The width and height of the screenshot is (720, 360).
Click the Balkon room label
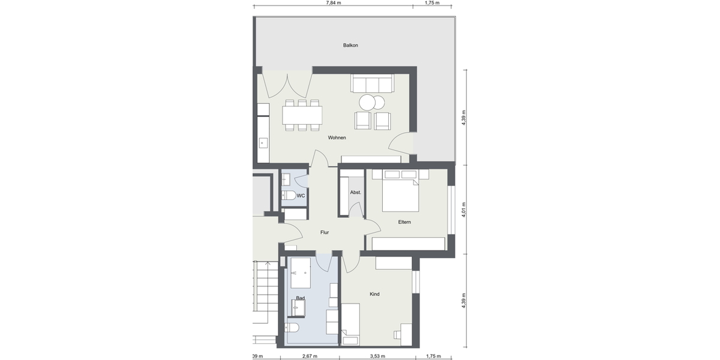pos(350,46)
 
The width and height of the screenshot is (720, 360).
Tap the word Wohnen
pos(337,138)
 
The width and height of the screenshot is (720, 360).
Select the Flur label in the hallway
pos(325,232)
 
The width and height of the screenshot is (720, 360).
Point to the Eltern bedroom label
pos(404,222)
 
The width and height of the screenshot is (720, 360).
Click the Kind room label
pos(374,294)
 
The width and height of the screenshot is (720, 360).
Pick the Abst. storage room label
pos(355,193)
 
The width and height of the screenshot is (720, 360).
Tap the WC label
pos(301,196)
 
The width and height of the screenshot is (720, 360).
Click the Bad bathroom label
pos(301,298)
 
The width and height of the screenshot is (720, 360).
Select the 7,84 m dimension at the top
pos(334,3)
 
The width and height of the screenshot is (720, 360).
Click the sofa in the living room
pos(372,84)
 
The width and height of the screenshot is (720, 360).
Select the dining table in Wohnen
pos(302,114)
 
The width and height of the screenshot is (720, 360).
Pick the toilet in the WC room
pos(287,196)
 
